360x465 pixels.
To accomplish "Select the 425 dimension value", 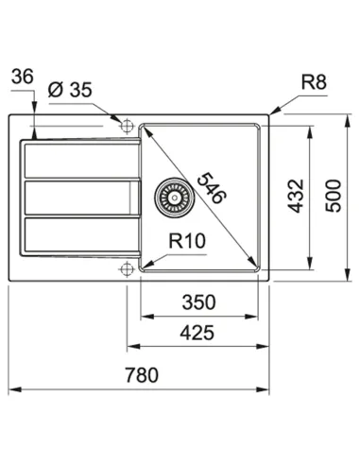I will pos(197,332).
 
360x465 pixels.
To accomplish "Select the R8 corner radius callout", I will pos(315,86).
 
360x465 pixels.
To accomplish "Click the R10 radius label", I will pos(187,242).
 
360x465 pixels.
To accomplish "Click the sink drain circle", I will pos(171,196).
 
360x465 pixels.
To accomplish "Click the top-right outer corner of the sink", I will pos(268,114).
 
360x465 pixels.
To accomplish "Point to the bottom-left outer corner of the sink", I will pos(9,281).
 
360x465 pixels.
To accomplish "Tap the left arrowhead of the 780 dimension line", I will pos(12,389).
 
